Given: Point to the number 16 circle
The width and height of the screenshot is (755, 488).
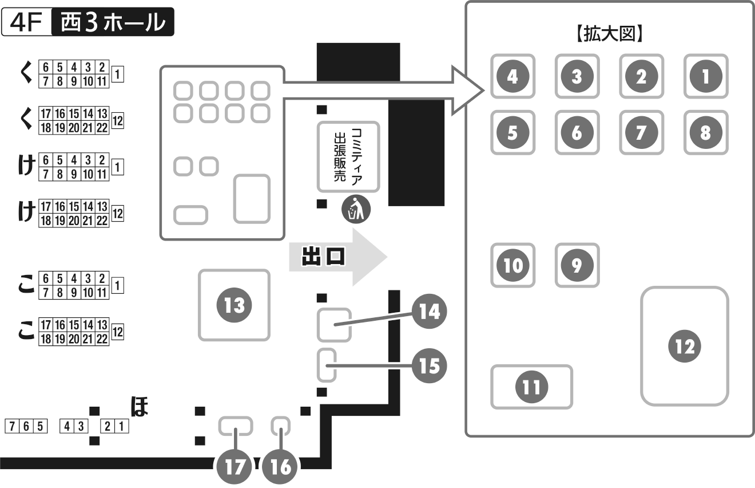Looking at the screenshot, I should [x=280, y=467].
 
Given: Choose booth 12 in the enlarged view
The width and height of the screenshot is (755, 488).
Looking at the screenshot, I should [x=685, y=346].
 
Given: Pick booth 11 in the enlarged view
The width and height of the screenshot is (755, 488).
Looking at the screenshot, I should [x=531, y=387].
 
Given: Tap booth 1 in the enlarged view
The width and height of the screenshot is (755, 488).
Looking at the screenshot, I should [x=706, y=76].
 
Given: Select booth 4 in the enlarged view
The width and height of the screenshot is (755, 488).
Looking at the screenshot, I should [x=512, y=76].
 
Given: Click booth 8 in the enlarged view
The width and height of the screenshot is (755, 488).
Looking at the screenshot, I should [x=706, y=133].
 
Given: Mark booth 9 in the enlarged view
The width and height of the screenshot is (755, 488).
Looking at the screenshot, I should [x=577, y=265].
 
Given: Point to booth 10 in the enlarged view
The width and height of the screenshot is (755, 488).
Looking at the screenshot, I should [x=512, y=265].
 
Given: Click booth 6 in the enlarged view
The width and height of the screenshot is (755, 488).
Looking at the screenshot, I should [x=577, y=133].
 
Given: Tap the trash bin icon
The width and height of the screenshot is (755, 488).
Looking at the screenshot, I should [x=356, y=210].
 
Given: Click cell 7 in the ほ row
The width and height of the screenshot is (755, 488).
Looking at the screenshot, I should [x=10, y=426].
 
